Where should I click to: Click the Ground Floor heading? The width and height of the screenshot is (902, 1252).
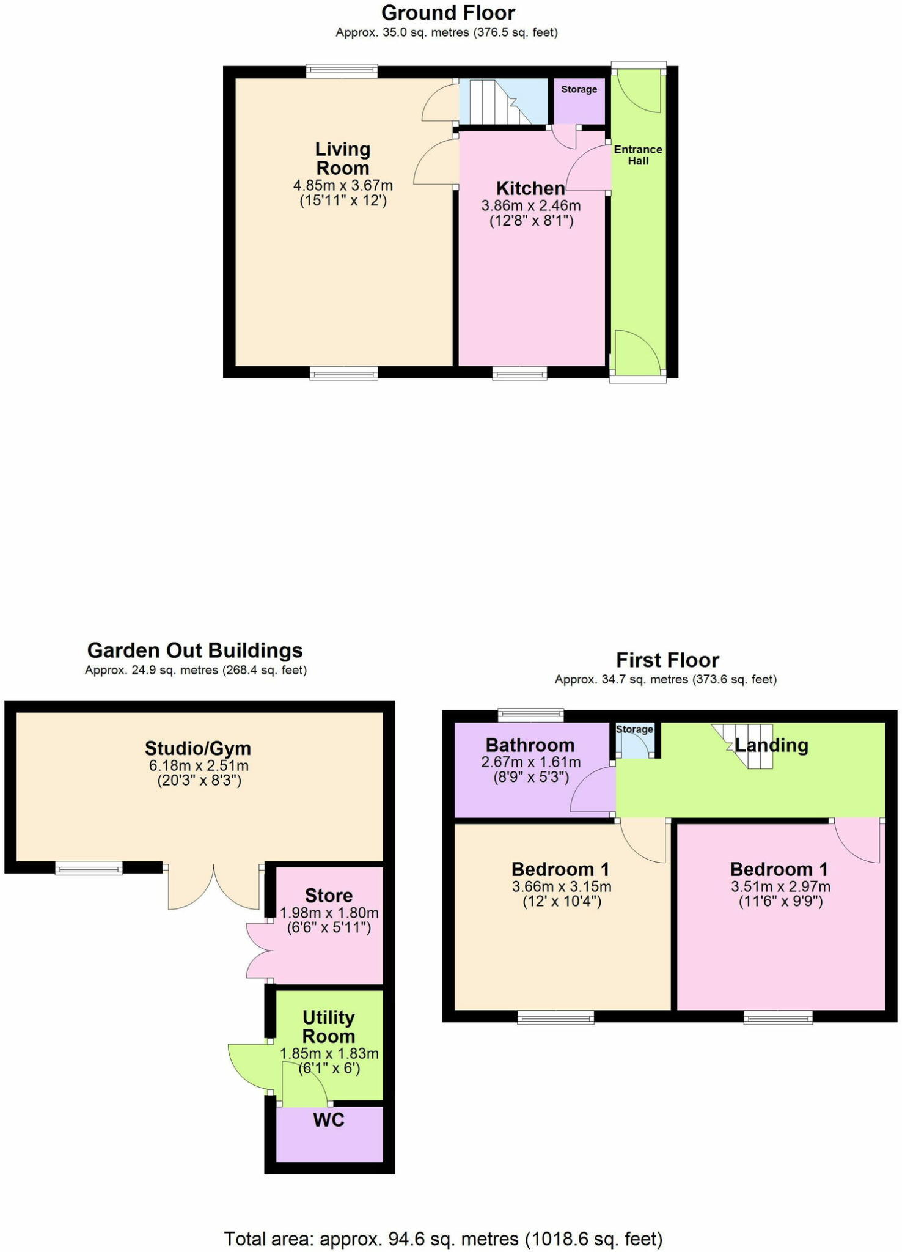[448, 13]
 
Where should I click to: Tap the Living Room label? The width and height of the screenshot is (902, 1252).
[342, 158]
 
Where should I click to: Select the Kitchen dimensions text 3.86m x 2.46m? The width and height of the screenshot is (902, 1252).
[530, 206]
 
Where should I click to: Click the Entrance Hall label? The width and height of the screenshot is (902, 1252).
[638, 155]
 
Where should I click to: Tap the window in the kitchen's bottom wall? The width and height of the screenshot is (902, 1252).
[519, 373]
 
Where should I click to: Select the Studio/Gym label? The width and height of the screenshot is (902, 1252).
[198, 748]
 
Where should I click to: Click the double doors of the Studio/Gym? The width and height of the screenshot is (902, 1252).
[214, 886]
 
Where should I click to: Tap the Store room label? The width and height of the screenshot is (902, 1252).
[329, 896]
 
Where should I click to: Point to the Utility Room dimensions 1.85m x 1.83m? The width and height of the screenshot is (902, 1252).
[329, 1053]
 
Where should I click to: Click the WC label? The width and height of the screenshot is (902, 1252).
[329, 1120]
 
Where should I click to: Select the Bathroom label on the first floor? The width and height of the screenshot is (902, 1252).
[530, 745]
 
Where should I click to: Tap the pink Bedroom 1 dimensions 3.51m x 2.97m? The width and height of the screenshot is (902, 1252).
[780, 886]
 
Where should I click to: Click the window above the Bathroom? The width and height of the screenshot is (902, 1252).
[530, 714]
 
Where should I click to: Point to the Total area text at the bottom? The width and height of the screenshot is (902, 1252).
[443, 1239]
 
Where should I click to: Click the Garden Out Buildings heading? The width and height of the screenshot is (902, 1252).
[195, 650]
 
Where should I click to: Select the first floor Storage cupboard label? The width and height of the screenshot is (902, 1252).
[634, 729]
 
